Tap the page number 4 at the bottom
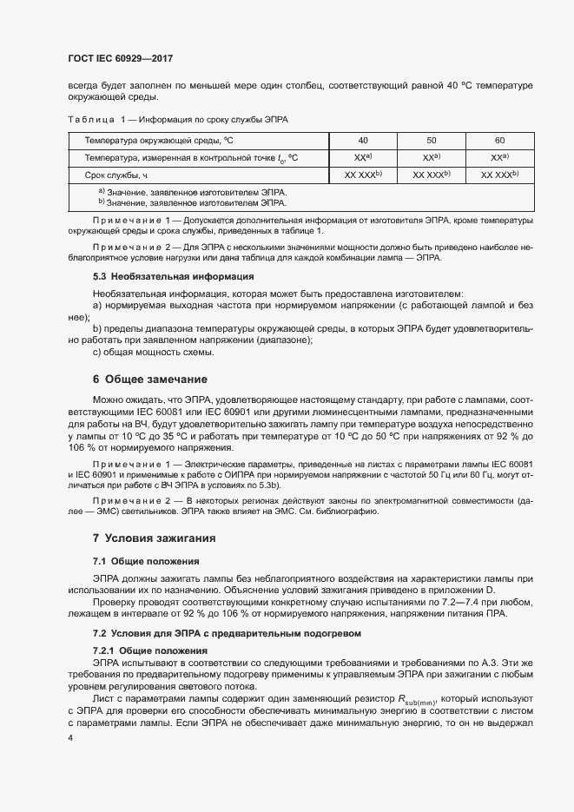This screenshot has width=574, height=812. click(70, 737)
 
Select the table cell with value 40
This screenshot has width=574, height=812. click(363, 140)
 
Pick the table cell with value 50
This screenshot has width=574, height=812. click(432, 140)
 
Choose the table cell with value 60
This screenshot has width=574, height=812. click(499, 140)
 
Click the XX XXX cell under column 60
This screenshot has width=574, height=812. click(499, 175)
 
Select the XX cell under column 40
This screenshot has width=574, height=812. click(363, 157)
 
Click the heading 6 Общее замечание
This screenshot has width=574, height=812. click(150, 379)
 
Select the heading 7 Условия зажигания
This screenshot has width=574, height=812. click(155, 538)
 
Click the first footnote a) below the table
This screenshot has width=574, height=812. click(191, 191)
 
